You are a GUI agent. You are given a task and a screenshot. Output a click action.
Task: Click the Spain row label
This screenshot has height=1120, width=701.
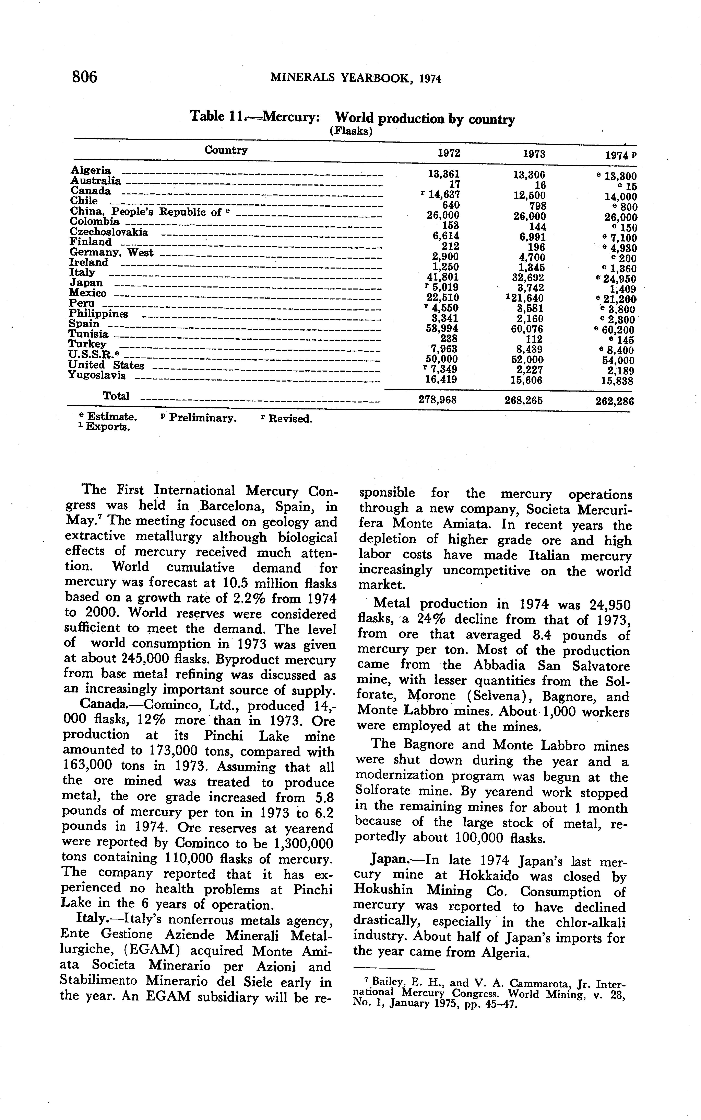pos(84,324)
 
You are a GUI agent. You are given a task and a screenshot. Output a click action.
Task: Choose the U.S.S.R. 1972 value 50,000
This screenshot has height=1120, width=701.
pos(441,359)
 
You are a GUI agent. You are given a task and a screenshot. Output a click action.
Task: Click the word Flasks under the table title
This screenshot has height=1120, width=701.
pos(351,131)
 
